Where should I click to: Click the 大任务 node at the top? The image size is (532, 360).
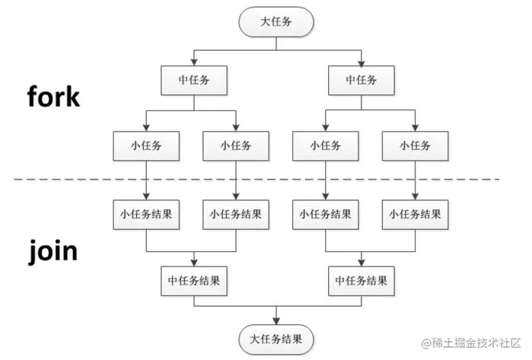click(x=276, y=22)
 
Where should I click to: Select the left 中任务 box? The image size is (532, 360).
click(x=193, y=78)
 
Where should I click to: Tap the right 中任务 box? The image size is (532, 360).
click(x=360, y=78)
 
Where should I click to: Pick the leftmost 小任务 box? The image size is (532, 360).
click(x=145, y=143)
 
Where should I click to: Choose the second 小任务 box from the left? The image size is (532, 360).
click(x=236, y=143)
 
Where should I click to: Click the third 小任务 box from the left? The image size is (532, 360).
click(x=325, y=143)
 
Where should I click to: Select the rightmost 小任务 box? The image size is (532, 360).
click(x=415, y=143)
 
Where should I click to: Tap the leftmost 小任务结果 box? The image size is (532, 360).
click(x=145, y=214)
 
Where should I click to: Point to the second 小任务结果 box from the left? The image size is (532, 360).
click(x=236, y=214)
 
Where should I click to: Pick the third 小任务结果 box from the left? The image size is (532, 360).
click(x=325, y=214)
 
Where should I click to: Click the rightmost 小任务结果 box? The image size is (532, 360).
click(x=415, y=214)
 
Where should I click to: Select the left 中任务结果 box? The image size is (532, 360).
click(x=195, y=279)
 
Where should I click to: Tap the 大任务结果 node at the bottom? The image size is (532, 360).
click(x=276, y=336)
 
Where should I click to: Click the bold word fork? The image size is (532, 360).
click(x=53, y=97)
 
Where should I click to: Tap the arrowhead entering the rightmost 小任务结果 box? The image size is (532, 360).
click(x=415, y=196)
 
